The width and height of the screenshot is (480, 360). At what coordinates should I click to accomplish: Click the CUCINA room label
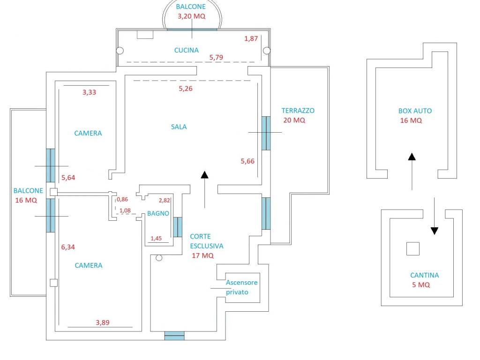coord(186,50)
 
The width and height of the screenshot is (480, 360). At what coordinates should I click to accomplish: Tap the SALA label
coord(179,127)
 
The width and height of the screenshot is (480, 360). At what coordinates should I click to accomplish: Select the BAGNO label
coord(158,213)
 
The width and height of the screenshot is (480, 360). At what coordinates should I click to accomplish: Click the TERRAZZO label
coord(298,111)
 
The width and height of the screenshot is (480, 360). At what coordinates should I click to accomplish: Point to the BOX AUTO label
coord(415,111)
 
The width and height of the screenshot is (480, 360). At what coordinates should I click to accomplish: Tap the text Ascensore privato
coord(241,287)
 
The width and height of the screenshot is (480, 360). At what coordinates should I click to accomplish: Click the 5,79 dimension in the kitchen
coord(217,58)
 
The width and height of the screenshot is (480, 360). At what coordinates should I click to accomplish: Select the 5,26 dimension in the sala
coord(186,88)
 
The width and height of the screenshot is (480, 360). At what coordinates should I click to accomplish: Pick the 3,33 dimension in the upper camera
coord(89,92)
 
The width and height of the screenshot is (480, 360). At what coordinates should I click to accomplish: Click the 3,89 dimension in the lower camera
coord(104,322)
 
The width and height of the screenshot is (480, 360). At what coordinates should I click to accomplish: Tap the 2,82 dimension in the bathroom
coord(165,200)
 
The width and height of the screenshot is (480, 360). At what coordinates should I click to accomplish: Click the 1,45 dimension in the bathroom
coord(156,238)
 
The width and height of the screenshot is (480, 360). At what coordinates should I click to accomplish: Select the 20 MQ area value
coord(294,120)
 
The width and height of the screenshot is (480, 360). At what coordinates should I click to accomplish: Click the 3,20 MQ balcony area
coord(191,16)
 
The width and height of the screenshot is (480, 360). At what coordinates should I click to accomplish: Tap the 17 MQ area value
coord(202,255)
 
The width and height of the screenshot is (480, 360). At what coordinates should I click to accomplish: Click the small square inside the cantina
coord(412,248)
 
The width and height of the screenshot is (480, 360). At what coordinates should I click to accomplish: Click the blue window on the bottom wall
coord(174,336)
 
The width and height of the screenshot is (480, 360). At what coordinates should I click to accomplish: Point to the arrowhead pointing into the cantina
coord(435,231)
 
